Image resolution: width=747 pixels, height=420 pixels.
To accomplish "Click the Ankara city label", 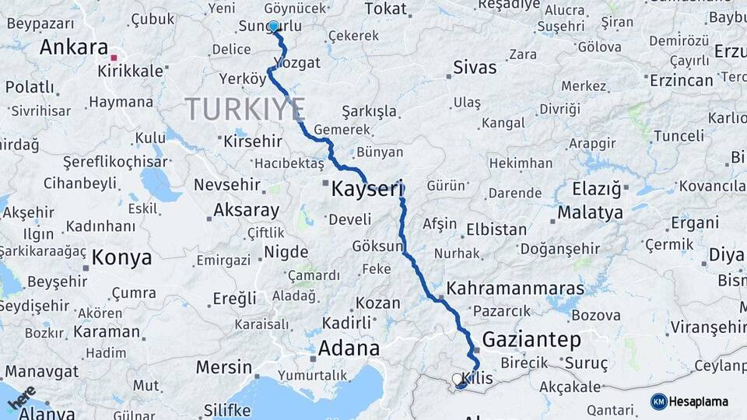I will click(73, 47).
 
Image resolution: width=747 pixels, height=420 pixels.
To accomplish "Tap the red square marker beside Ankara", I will click(114, 58).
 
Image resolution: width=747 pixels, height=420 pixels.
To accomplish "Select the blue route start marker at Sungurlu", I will click(273, 26).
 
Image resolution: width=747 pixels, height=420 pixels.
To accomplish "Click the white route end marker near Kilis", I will click(457, 379).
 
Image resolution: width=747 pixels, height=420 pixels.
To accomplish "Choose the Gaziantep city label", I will click(531, 339).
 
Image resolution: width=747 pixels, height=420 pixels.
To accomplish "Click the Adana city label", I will click(349, 348).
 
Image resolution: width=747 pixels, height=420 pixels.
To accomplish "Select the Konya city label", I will click(121, 257).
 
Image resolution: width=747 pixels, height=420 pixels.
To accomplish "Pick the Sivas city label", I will click(475, 67).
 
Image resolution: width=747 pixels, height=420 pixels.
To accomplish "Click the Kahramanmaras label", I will click(515, 289).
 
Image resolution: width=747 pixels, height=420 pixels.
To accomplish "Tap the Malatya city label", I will click(591, 212).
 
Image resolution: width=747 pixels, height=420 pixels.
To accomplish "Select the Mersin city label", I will click(223, 367).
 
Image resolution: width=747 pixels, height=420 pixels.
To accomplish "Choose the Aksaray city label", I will click(246, 210).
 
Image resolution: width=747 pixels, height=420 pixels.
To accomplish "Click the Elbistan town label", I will click(496, 229).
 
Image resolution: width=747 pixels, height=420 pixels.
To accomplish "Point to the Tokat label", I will click(386, 9).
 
